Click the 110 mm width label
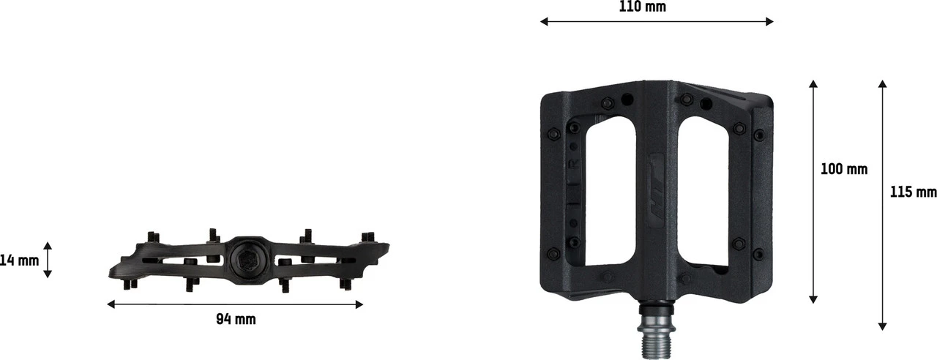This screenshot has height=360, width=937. pyautogui.click(x=642, y=7)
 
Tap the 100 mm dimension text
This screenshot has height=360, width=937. pyautogui.click(x=843, y=169)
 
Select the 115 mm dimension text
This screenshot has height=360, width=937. pyautogui.click(x=913, y=192)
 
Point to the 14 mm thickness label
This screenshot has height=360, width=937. pyautogui.click(x=19, y=260)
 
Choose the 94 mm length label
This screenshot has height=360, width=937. pyautogui.click(x=236, y=319)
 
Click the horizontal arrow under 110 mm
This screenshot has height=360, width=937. pyautogui.click(x=657, y=22)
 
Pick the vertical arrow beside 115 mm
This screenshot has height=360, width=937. pyautogui.click(x=883, y=206)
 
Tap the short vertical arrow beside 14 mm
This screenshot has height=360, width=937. pyautogui.click(x=48, y=260)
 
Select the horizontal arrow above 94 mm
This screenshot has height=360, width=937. pyautogui.click(x=235, y=304)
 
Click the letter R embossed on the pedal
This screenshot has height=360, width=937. pyautogui.click(x=574, y=162)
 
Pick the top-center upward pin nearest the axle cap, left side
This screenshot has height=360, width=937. pyautogui.click(x=212, y=235)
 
